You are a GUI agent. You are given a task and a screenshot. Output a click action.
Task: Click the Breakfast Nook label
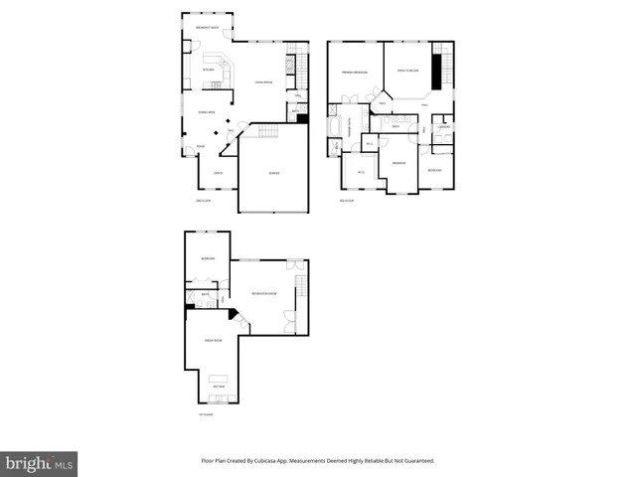tap(208, 27)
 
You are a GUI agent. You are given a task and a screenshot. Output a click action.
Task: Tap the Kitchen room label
tap(209, 70)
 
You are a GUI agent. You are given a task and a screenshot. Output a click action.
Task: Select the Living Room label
tap(263, 81)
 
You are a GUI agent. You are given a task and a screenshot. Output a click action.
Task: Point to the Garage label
tap(273, 173)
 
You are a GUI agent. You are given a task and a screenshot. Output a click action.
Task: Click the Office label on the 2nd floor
tap(218, 173)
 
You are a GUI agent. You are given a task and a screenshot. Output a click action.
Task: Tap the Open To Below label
tap(408, 72)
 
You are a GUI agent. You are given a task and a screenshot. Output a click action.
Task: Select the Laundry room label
tap(445, 127)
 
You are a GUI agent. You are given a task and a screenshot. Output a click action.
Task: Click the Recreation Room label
tap(263, 295)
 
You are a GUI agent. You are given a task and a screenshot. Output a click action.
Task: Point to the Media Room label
tap(212, 340)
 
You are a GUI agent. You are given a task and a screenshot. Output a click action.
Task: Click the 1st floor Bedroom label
tap(208, 258)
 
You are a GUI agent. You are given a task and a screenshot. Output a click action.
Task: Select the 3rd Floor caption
tap(347, 201)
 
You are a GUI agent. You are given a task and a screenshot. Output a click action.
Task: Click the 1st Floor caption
tap(205, 414)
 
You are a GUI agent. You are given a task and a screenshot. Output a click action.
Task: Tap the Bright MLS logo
tap(39, 464)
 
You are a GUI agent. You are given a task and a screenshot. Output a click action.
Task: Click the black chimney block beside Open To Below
tap(435, 73)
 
